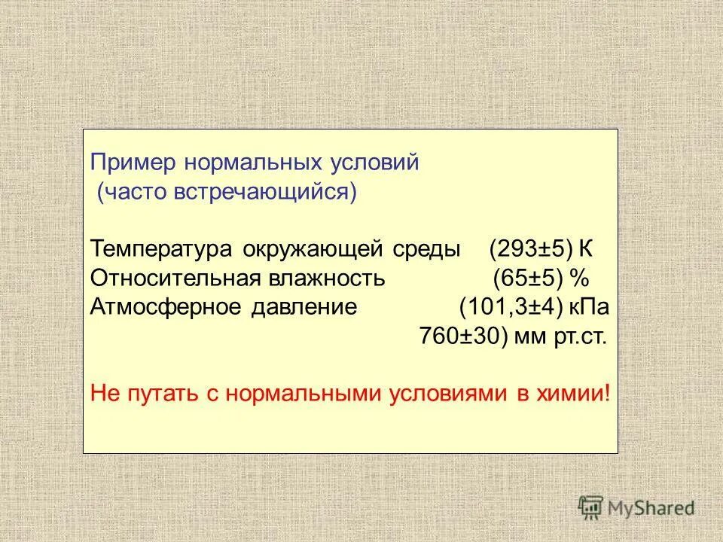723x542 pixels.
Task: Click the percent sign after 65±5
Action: point(578,279)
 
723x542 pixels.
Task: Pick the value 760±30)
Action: point(461,336)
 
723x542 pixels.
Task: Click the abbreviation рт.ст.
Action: point(581,336)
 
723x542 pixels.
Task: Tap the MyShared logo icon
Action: point(592,507)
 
